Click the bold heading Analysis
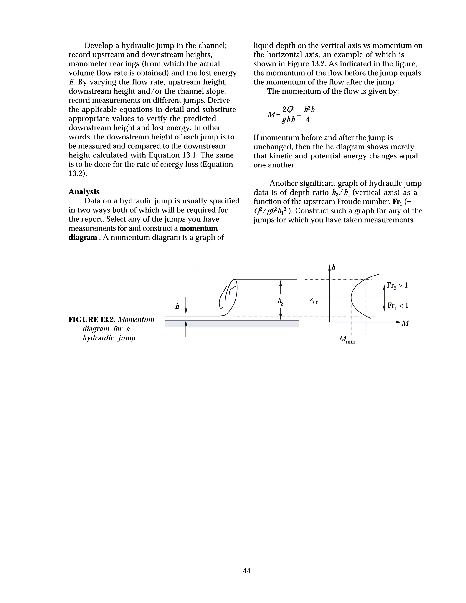point(84,192)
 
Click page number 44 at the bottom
point(246,571)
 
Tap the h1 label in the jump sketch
point(178,307)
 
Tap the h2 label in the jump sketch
point(281,301)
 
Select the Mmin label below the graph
point(347,339)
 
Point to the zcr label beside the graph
point(313,300)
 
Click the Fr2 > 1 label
point(397,286)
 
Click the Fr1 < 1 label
point(398,306)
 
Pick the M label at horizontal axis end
point(405,323)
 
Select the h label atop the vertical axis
point(334,267)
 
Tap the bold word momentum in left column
point(198,228)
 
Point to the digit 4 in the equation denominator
point(308,120)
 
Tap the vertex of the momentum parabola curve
point(351,297)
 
